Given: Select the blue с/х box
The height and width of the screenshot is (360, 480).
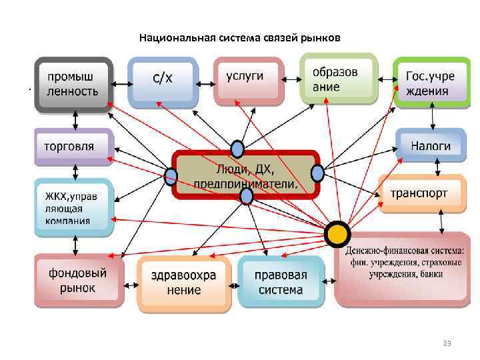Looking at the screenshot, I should tap(163, 81).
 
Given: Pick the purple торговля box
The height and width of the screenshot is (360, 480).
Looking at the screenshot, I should tap(74, 146).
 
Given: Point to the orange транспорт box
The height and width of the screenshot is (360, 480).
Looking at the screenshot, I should tap(421, 193).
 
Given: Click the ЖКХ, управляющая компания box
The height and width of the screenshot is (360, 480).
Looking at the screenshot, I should tap(74, 207).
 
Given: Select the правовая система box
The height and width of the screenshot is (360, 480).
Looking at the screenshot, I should tap(281, 283).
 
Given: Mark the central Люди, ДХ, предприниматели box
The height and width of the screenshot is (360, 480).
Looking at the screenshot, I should tap(246, 174).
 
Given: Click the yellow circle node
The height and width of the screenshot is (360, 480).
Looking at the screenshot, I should tap(337, 233).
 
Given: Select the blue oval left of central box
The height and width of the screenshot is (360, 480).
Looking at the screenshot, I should tap(171, 177).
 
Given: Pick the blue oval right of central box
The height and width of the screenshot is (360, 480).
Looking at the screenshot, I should tap(317, 173).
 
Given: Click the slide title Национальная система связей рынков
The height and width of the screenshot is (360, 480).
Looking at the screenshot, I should tap(239, 38).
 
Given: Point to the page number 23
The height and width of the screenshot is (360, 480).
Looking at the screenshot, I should tap(447, 343).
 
